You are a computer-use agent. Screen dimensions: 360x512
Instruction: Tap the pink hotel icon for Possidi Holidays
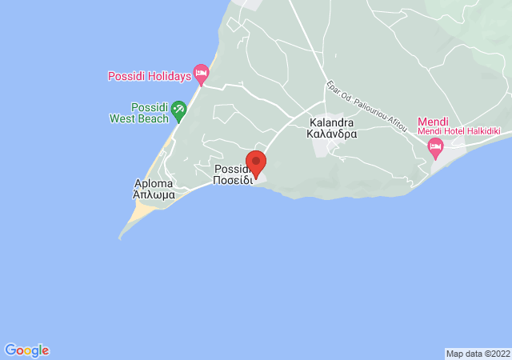[x=202, y=76]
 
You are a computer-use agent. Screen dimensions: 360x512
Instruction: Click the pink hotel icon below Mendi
[x=435, y=146]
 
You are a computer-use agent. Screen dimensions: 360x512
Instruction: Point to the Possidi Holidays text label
[x=150, y=77]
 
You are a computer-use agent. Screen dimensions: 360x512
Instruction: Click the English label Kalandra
[x=331, y=124]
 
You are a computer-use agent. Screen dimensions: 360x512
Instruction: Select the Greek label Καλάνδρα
[x=331, y=135]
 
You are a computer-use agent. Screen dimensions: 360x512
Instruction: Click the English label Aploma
[x=154, y=183]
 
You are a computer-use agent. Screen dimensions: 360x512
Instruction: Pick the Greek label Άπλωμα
[x=154, y=194]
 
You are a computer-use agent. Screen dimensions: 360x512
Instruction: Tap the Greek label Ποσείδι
[x=232, y=181]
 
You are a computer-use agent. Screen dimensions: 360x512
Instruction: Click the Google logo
[x=27, y=350]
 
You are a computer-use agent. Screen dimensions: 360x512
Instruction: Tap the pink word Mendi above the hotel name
[x=433, y=122]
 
